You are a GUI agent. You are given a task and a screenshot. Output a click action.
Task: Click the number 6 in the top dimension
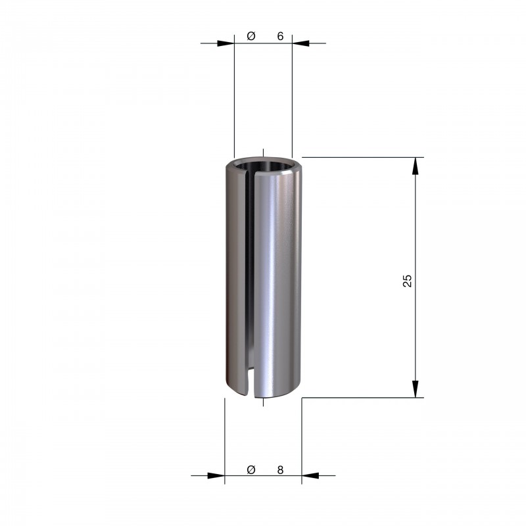(281, 36)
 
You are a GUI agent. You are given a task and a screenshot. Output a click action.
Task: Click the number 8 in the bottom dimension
(281, 470)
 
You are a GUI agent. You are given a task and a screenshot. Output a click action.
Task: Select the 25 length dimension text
(407, 281)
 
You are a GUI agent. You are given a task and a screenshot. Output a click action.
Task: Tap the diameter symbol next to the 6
(251, 36)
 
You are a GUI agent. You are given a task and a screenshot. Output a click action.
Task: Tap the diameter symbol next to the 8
(251, 469)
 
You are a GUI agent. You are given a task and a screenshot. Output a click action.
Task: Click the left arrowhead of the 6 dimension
(226, 43)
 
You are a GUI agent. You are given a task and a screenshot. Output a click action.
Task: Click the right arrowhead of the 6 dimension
(300, 43)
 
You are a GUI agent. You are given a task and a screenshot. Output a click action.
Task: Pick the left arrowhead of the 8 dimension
(216, 475)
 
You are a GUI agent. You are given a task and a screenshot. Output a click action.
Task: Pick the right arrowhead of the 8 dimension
(310, 475)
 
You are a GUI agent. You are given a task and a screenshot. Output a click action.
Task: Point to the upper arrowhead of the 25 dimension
(416, 166)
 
